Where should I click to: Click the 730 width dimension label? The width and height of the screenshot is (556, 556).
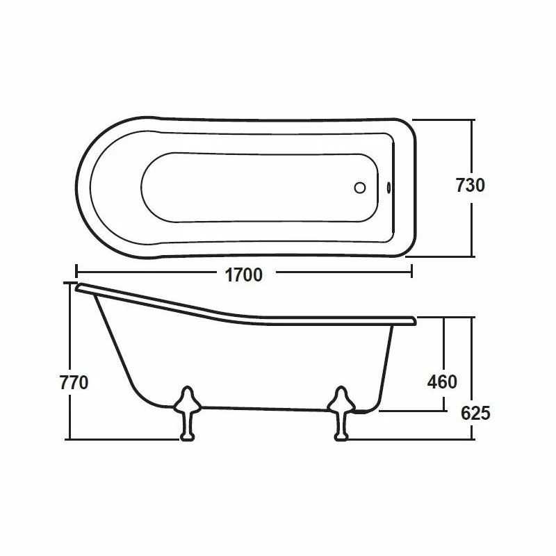[x=470, y=186]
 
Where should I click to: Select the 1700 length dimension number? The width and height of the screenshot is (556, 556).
[x=243, y=275]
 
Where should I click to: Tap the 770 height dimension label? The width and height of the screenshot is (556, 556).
[x=74, y=383]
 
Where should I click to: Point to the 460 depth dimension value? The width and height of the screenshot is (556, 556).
[x=442, y=382]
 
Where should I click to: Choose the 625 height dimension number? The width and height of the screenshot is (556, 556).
[x=475, y=413]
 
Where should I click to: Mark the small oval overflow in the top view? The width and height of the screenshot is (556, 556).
[x=388, y=187]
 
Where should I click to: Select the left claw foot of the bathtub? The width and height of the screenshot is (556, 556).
[x=186, y=413]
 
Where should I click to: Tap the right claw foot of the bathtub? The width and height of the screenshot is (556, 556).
[x=341, y=413]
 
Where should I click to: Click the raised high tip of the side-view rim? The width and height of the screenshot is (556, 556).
[x=79, y=286]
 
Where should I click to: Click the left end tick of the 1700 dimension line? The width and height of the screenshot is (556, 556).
[x=76, y=272]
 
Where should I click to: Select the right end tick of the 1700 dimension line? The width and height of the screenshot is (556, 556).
[x=412, y=272]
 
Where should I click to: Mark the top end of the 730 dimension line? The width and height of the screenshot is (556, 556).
[x=473, y=120]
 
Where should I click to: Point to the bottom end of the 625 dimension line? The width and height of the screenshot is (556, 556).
[x=473, y=439]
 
